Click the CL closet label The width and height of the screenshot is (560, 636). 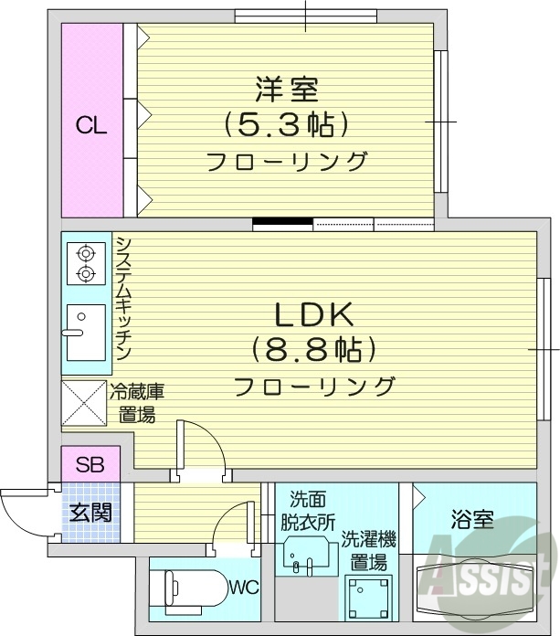(91, 126)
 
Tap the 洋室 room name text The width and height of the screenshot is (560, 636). (285, 90)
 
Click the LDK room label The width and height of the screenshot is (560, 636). (314, 315)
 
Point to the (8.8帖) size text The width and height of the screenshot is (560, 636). (314, 350)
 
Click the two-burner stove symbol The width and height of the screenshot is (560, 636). (85, 263)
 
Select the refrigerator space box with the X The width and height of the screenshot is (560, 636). (84, 402)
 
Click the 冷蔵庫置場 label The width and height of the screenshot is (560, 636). (136, 403)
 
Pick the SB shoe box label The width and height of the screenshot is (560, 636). (90, 464)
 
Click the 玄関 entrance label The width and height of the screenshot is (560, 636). (90, 513)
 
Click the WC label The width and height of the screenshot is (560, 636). (243, 586)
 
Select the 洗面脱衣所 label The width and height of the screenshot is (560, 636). (307, 511)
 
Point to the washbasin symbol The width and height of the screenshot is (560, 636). (305, 555)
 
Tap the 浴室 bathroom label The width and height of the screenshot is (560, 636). (471, 521)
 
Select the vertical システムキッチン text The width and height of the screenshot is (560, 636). (122, 298)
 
